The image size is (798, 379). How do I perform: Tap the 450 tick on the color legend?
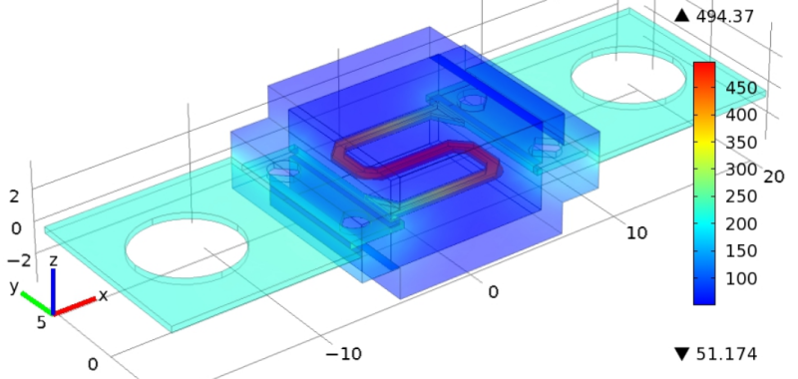[741, 88]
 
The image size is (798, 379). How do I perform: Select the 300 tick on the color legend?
[741, 170]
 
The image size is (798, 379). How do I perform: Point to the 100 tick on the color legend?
[741, 278]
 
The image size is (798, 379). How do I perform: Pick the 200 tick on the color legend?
[741, 223]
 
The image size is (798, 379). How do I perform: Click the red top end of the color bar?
[704, 65]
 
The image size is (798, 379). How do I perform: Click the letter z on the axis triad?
[53, 261]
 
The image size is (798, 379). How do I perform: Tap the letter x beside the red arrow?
[104, 295]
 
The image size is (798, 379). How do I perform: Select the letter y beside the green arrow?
[14, 287]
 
